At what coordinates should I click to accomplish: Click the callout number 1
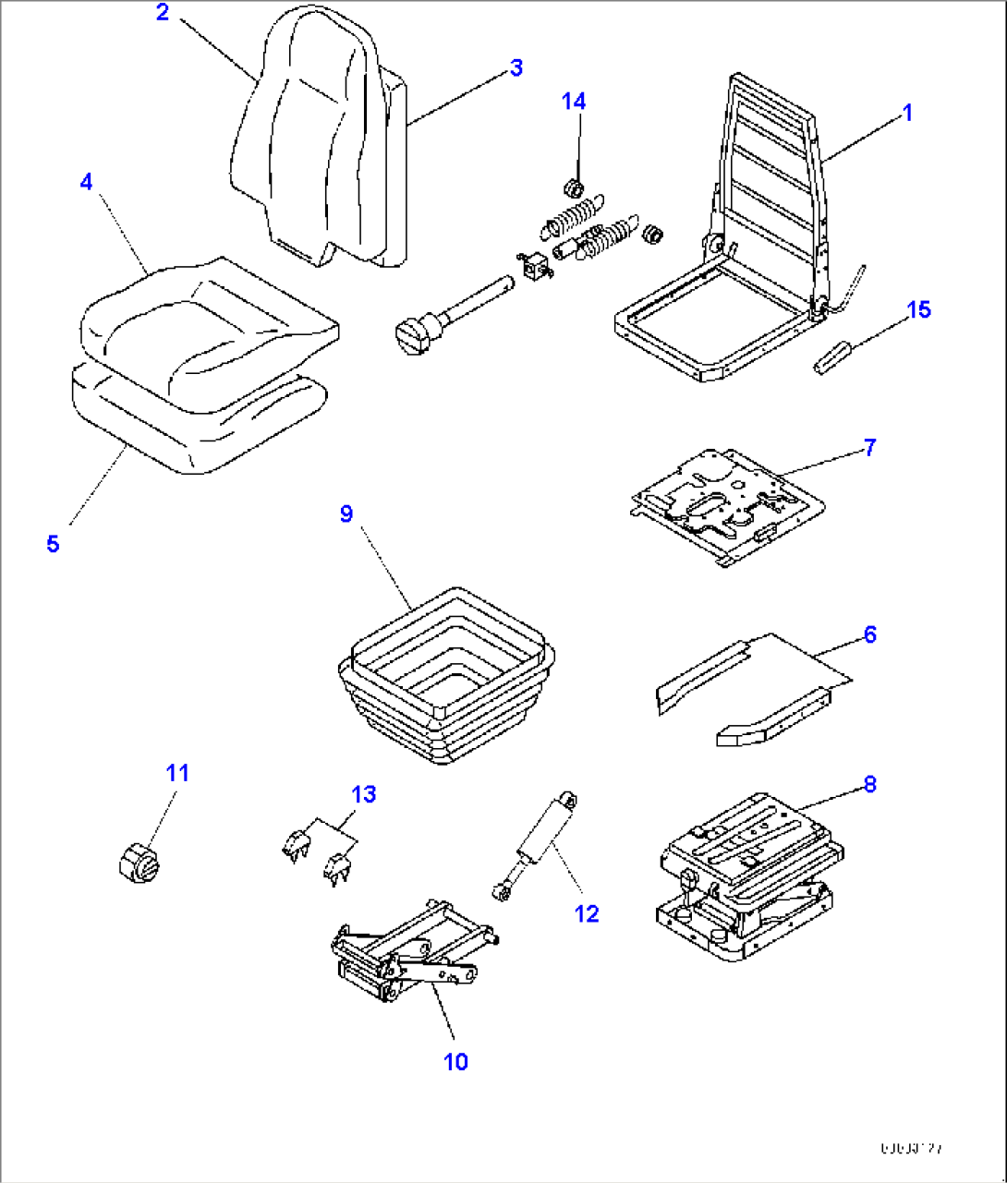[907, 113]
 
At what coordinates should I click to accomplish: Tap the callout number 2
[163, 13]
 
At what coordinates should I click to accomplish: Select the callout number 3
[516, 67]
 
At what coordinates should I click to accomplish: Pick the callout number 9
[346, 513]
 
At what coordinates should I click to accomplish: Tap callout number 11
[177, 772]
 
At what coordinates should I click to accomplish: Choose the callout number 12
[587, 913]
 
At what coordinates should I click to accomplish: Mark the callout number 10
[456, 1062]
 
